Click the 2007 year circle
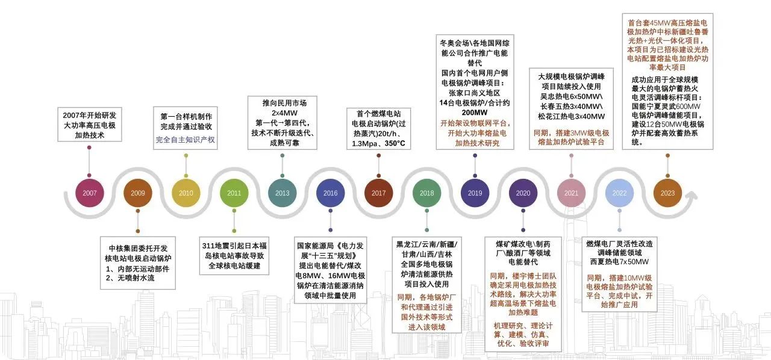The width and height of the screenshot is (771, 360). [x=90, y=193]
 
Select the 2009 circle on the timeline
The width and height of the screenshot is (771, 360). [x=138, y=193]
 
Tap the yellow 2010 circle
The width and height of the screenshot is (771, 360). [x=186, y=193]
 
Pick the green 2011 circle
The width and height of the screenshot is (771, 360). [x=234, y=193]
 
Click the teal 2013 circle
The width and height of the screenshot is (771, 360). [x=282, y=193]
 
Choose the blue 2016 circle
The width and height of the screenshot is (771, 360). [x=330, y=193]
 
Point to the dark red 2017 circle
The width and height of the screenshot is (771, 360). [x=379, y=193]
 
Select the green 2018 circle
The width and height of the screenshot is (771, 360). [x=426, y=193]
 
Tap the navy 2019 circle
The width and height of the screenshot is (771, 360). [x=475, y=193]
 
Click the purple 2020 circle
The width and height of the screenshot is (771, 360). [x=523, y=193]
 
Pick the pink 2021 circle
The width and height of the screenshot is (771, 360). [x=571, y=193]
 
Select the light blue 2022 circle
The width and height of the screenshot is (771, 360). [x=619, y=193]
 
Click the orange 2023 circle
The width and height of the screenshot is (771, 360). [x=667, y=193]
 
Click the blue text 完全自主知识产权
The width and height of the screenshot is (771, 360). [x=186, y=140]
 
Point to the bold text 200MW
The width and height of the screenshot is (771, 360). [x=475, y=113]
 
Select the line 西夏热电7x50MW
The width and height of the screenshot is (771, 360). [x=619, y=262]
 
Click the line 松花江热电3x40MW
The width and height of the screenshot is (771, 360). [x=571, y=116]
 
